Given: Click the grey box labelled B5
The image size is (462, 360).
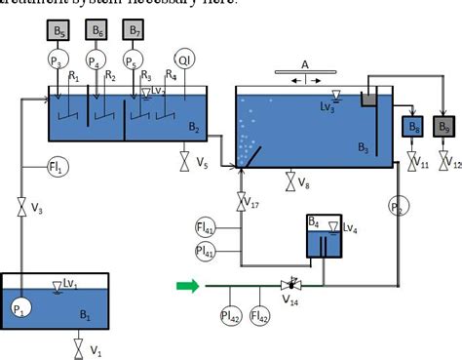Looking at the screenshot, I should (60, 31).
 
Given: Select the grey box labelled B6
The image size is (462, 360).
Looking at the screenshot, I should (97, 31).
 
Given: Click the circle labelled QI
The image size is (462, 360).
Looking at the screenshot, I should (186, 60).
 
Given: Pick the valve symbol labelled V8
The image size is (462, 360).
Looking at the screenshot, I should (289, 180).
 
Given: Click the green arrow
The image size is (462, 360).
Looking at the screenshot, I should (186, 286).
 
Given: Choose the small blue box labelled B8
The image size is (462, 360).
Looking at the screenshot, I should (412, 126).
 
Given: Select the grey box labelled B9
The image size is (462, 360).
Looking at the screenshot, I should (445, 126).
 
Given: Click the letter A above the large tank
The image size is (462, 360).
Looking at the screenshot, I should (305, 63).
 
